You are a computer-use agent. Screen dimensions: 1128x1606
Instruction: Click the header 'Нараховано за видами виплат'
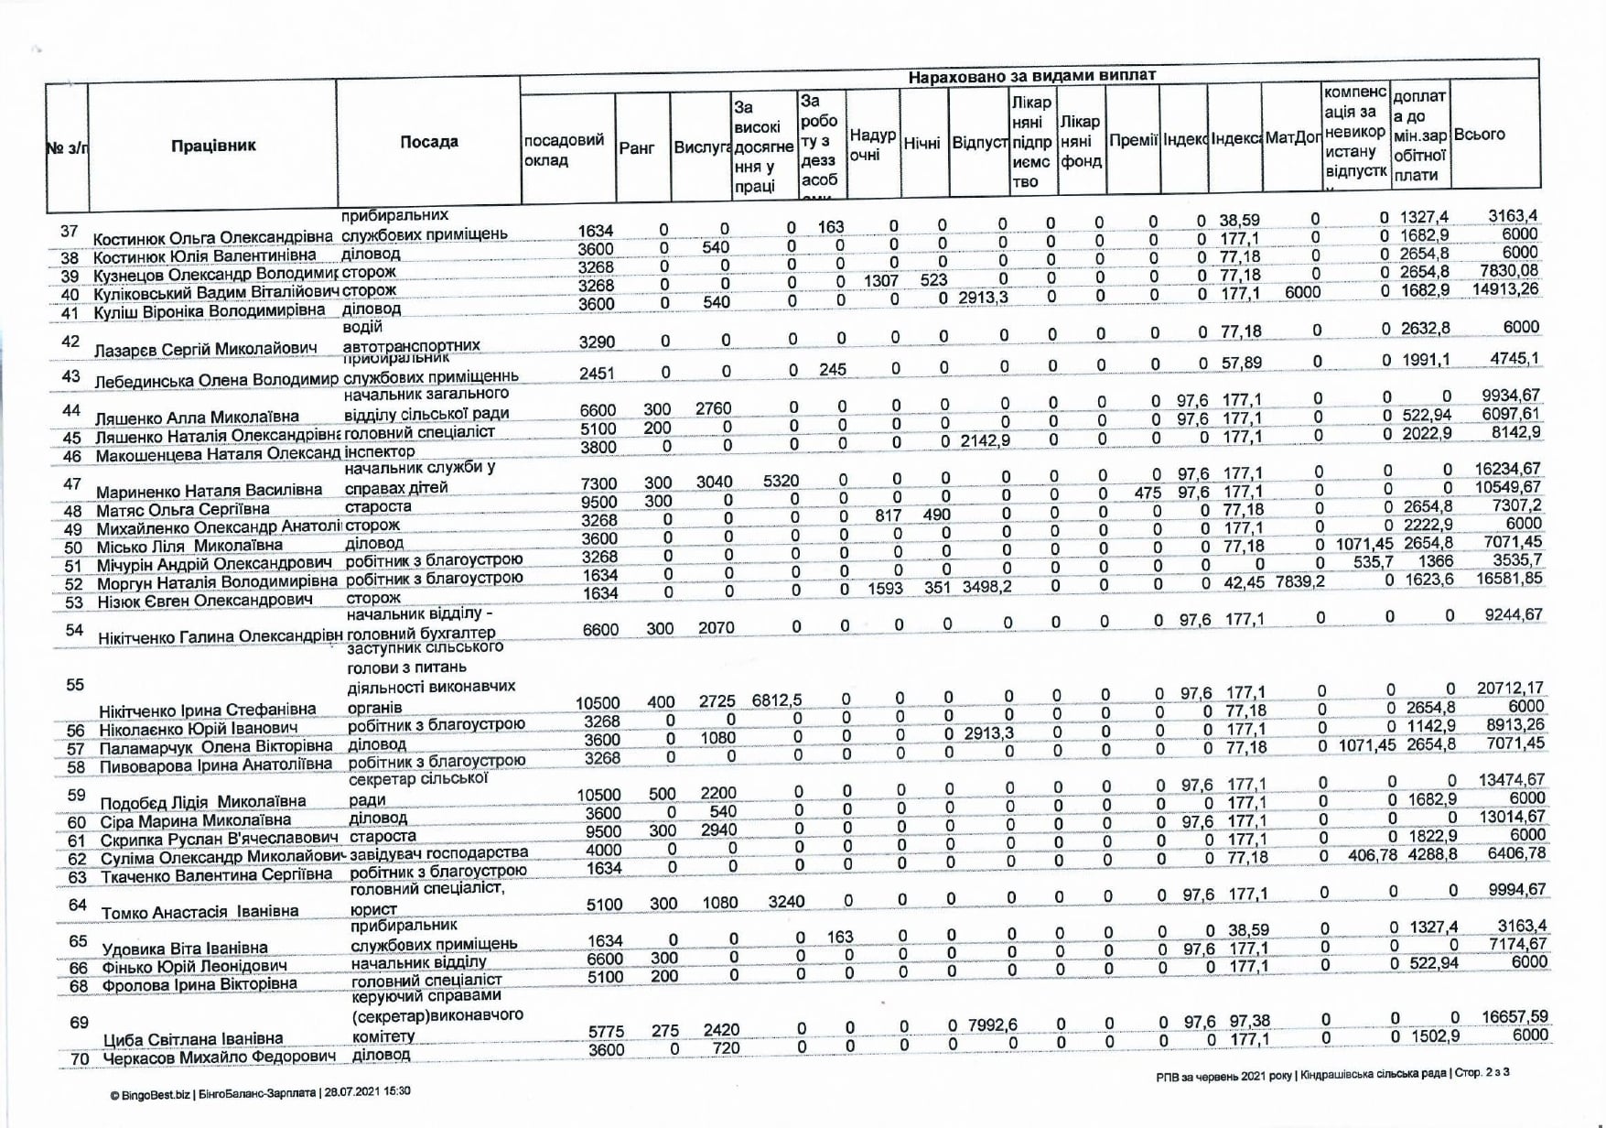pyautogui.click(x=1031, y=76)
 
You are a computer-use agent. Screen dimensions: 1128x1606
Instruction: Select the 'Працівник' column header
pyautogui.click(x=213, y=145)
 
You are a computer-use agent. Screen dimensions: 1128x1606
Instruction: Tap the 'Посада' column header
pyautogui.click(x=429, y=142)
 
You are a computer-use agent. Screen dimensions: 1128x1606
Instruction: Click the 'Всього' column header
pyautogui.click(x=1479, y=135)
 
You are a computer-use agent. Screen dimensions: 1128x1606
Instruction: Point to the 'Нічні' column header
pyautogui.click(x=923, y=144)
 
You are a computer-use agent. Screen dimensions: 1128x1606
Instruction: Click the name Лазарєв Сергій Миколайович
pyautogui.click(x=206, y=349)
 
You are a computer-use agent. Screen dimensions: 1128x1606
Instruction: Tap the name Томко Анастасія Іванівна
pyautogui.click(x=200, y=912)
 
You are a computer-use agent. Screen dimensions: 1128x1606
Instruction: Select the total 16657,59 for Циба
pyautogui.click(x=1514, y=1017)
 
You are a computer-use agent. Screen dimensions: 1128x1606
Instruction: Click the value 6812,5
pyautogui.click(x=776, y=700)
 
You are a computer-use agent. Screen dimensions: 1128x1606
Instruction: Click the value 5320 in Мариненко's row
pyautogui.click(x=781, y=481)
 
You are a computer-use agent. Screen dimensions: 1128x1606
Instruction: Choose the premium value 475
pyautogui.click(x=1148, y=493)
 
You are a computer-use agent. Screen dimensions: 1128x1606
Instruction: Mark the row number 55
pyautogui.click(x=75, y=685)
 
